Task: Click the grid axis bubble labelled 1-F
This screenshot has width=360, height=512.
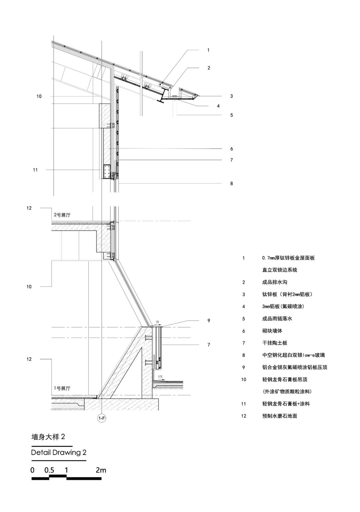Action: [101, 419]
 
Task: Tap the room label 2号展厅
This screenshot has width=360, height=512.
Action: [62, 215]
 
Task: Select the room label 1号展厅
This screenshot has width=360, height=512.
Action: [62, 388]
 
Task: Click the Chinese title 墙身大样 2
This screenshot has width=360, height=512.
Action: [48, 437]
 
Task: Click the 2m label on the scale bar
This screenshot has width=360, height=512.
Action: [101, 470]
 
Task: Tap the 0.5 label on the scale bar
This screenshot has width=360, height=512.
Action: [49, 470]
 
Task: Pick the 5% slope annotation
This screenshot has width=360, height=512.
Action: [160, 376]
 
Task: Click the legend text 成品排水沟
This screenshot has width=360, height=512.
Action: [275, 282]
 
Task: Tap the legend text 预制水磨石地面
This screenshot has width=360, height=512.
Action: [280, 416]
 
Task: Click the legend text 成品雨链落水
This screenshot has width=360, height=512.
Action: [277, 319]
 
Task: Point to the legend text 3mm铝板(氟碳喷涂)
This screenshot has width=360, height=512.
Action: [283, 307]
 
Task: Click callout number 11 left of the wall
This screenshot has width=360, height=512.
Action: [35, 170]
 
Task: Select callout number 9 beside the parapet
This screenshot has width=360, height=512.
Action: [209, 321]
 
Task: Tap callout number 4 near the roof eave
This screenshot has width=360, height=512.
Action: [218, 106]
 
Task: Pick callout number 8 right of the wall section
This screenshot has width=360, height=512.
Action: [232, 183]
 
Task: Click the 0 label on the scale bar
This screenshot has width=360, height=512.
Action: [32, 470]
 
